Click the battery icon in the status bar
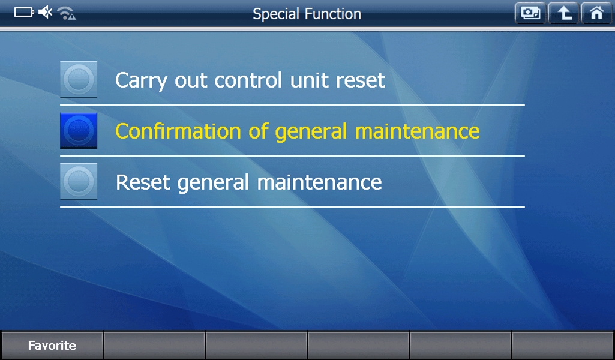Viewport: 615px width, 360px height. coord(25,12)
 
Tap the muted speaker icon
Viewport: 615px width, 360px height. coord(46,12)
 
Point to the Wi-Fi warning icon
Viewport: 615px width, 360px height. coord(67,13)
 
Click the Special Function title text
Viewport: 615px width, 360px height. coord(307,14)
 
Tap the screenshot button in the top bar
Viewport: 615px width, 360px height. coord(530,13)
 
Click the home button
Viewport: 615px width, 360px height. coord(596,13)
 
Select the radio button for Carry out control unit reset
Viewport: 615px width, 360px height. coord(79,79)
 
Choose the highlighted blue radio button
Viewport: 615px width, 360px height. coord(79,131)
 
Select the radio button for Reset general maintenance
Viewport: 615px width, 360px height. coord(79,182)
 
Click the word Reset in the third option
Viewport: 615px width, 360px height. coord(143,182)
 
